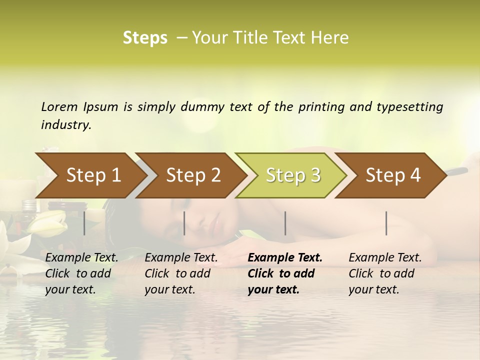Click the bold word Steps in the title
[145, 38]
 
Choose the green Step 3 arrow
[293, 175]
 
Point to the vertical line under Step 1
[84, 223]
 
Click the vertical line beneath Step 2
[184, 223]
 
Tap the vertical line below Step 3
[285, 223]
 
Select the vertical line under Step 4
[386, 223]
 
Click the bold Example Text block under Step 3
[284, 273]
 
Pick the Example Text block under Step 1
[81, 273]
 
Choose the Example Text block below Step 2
[181, 273]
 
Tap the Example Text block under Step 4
[385, 273]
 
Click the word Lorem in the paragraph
[59, 106]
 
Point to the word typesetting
[410, 107]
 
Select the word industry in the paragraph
[66, 124]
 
